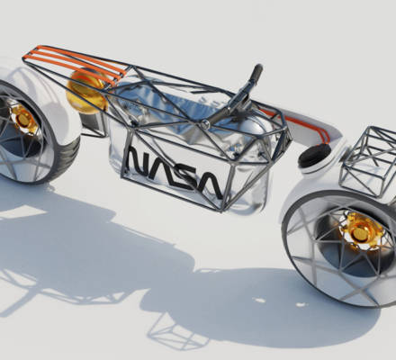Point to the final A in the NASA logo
click(209, 184)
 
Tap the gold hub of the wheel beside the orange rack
click(22, 119)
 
